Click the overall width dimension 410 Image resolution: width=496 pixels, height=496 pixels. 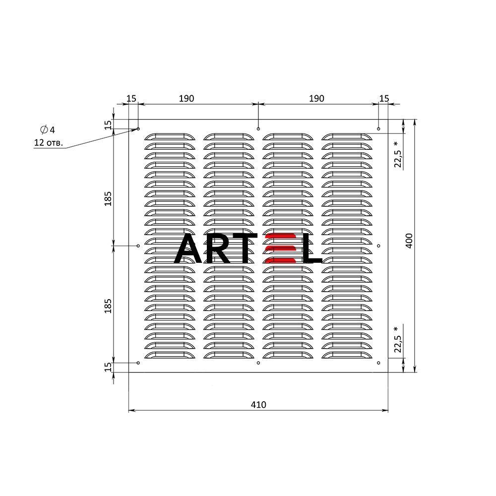click(258, 405)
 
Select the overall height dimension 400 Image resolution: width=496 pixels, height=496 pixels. click(409, 241)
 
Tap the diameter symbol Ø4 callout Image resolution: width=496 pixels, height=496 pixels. click(48, 129)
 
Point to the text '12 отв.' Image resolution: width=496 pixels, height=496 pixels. click(49, 143)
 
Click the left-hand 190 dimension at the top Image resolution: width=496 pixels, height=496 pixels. click(186, 98)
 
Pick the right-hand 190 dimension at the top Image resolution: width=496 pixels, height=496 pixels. click(316, 98)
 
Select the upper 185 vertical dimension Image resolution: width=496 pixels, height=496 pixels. click(108, 199)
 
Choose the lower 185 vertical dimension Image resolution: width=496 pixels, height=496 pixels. click(108, 306)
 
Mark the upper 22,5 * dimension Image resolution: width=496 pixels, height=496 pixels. click(398, 154)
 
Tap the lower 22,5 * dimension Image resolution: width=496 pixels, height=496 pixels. click(398, 340)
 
